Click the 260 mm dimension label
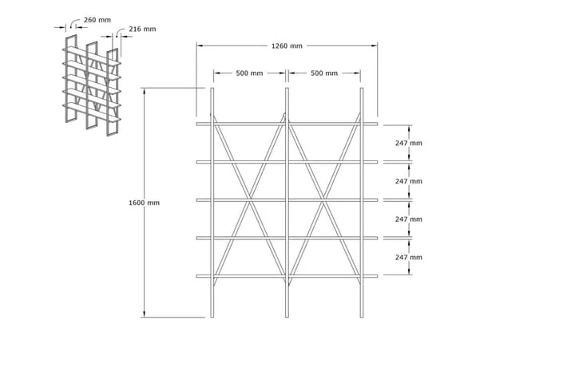(97, 20)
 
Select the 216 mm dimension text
(142, 29)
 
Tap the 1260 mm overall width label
(287, 45)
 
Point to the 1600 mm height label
(144, 203)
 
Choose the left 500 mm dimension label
(249, 73)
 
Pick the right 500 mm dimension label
(324, 73)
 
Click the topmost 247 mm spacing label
(409, 144)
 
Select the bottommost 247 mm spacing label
(409, 257)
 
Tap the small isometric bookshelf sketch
(92, 85)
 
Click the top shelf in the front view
(287, 124)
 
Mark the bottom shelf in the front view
(287, 276)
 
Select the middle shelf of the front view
(287, 200)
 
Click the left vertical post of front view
(212, 203)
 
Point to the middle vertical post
(287, 203)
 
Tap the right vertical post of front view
(362, 203)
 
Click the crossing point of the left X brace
(250, 200)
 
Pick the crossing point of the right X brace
(324, 200)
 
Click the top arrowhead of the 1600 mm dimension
(144, 91)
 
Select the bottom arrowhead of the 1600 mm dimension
(144, 314)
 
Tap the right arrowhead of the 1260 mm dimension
(375, 45)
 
